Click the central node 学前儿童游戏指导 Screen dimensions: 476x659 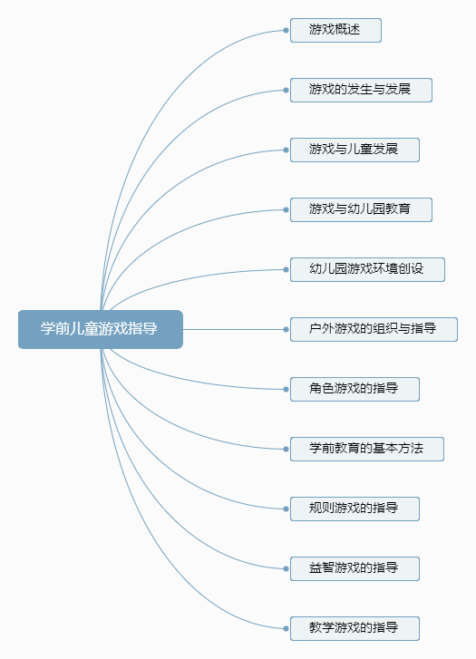(x=101, y=330)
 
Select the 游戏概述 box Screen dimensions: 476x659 (x=335, y=30)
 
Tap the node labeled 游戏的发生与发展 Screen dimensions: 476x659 (x=361, y=90)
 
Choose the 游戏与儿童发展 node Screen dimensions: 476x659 (x=355, y=150)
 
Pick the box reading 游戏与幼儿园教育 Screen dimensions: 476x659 (x=361, y=209)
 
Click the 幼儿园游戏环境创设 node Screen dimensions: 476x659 (x=367, y=269)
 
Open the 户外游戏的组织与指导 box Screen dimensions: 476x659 (x=374, y=330)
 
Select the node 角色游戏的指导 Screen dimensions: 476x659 (x=355, y=389)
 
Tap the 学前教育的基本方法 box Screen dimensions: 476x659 (x=367, y=449)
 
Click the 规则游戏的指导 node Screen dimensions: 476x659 (x=355, y=509)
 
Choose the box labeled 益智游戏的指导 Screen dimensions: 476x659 (x=355, y=568)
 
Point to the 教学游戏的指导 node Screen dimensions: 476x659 (x=355, y=628)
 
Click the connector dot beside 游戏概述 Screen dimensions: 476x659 (x=286, y=30)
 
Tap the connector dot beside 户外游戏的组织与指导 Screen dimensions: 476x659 (x=286, y=330)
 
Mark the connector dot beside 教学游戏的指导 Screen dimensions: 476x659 (x=286, y=628)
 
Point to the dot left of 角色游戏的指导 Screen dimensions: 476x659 (x=286, y=389)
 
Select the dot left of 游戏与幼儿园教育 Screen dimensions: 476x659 (x=286, y=209)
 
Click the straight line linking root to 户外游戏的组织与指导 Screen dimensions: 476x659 (x=233, y=330)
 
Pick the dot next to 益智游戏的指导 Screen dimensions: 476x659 (x=286, y=568)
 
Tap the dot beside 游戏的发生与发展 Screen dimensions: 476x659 (x=286, y=90)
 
